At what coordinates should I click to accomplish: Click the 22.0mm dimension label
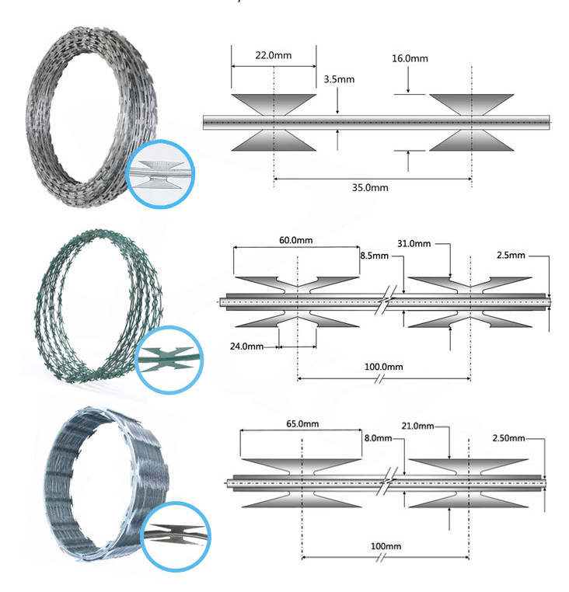coord(273,55)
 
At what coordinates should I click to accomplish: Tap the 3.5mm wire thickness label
coord(339,79)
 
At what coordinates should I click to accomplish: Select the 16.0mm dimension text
coord(410,58)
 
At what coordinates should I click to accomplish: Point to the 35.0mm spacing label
coord(370,188)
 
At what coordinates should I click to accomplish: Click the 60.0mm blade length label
coord(296,240)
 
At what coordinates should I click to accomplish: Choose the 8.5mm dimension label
coord(374,256)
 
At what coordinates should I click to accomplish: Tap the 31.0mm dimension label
coord(414,243)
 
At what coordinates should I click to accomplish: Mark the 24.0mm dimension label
coord(246,346)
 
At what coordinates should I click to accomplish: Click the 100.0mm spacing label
coord(383,367)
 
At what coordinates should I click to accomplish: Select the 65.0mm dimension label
coord(302,423)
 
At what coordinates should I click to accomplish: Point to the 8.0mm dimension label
coord(379,438)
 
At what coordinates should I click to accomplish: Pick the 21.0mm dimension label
coord(417,426)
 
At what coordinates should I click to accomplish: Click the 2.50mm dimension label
coord(508,438)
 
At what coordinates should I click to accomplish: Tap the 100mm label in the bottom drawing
coord(386,546)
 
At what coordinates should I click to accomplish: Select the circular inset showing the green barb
coord(169,360)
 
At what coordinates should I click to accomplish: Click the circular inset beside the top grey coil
coord(160,174)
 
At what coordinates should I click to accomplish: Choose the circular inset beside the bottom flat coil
coord(176,536)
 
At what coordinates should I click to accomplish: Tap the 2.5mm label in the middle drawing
coord(511,256)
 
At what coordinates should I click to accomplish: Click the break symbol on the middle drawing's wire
coord(386,300)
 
